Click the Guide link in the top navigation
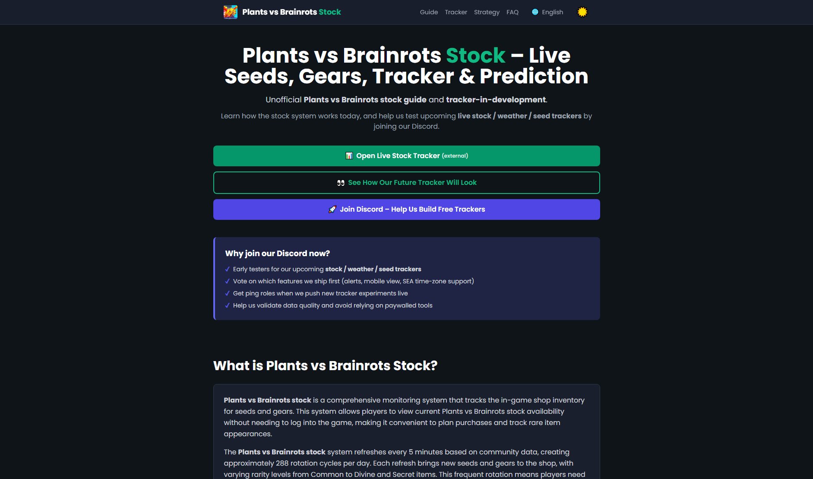tap(429, 12)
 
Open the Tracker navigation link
tap(456, 12)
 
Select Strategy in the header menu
tap(487, 12)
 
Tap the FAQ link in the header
tap(512, 12)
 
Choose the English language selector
tap(552, 12)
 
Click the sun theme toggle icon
tap(582, 12)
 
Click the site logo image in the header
tap(231, 12)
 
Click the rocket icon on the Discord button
tap(332, 209)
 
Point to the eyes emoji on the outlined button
tap(341, 183)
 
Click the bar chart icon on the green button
tap(349, 156)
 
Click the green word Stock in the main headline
tap(475, 56)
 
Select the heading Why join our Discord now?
tap(277, 254)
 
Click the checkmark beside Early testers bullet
tap(228, 269)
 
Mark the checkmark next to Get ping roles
tap(228, 293)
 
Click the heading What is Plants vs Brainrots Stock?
tap(325, 366)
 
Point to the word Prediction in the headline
tap(534, 76)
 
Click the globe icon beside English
tap(535, 12)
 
